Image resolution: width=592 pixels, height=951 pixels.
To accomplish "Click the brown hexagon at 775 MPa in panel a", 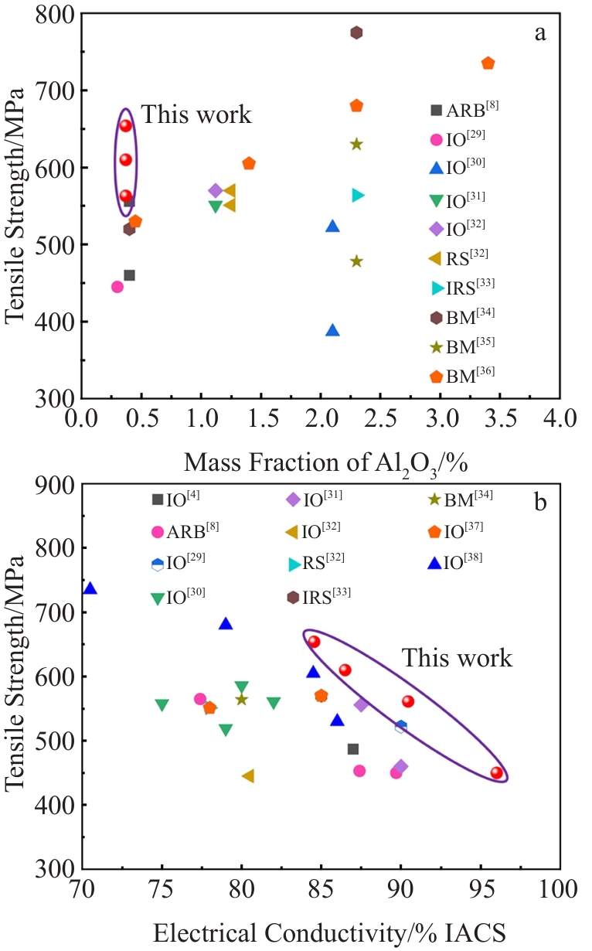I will [x=356, y=32].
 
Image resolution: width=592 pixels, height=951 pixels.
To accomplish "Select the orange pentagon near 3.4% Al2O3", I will [x=488, y=63].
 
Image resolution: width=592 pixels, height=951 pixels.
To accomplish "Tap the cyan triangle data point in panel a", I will [x=358, y=195].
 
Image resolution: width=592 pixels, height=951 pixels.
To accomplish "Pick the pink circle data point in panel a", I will [x=117, y=287].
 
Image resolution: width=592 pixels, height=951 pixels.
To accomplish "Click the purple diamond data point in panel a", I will [x=216, y=190].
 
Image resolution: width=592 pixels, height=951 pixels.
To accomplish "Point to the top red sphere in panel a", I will [x=125, y=125].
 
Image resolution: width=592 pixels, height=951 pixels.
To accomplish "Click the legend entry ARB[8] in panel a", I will [x=464, y=109].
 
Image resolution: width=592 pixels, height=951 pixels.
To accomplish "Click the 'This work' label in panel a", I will [x=196, y=114].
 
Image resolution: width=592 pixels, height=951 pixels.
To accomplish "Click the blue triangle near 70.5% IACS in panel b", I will [x=90, y=588].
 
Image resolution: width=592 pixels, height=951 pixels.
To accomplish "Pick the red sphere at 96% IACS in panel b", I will [x=497, y=772].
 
